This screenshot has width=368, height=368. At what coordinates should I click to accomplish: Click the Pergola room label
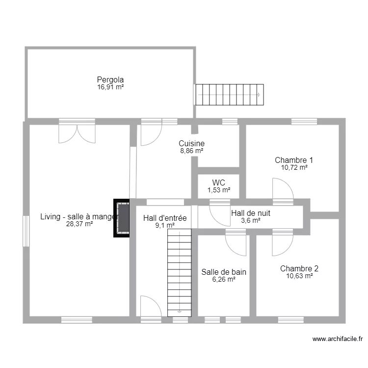coord(110,80)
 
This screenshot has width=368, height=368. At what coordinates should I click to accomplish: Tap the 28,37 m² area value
coord(79,224)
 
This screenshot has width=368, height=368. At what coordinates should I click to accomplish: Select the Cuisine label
coord(191,143)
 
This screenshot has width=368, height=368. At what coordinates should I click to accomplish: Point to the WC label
coord(218,183)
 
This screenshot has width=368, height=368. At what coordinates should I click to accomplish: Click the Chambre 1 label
coord(294,160)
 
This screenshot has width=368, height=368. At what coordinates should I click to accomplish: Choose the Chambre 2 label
coord(299,268)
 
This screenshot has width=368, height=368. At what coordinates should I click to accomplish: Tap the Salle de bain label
coord(224,272)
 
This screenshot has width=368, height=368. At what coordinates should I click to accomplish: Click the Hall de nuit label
coord(251,213)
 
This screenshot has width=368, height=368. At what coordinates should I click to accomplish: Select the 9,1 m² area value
coord(165,225)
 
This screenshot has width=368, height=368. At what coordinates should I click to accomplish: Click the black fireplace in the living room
coord(121,218)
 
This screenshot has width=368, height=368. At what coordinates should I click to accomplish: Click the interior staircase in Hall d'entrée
coord(179,273)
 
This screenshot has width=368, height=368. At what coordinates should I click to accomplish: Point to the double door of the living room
coord(77,133)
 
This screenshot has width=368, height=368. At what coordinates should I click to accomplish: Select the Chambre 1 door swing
coord(283,188)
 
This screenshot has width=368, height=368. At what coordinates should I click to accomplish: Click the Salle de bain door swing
coord(236,245)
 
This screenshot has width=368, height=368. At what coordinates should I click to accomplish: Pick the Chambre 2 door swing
coord(283,245)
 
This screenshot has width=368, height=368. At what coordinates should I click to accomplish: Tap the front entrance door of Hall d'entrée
coord(151,306)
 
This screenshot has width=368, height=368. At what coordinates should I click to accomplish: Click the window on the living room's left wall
coord(26,231)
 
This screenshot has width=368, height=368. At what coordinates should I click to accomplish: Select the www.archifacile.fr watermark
coord(338,339)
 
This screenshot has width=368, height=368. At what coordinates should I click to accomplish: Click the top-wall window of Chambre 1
coord(304,122)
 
